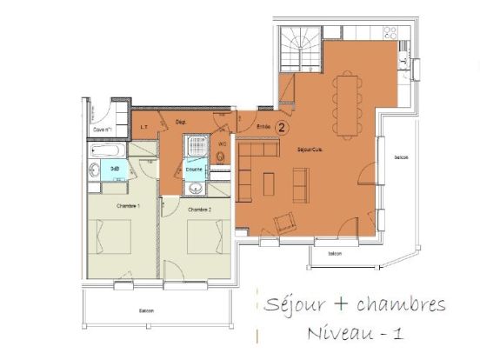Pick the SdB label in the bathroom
point(115,169)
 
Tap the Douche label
point(195,169)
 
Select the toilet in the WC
point(221,157)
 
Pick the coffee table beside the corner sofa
point(269,183)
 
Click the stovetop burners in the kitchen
point(390,34)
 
